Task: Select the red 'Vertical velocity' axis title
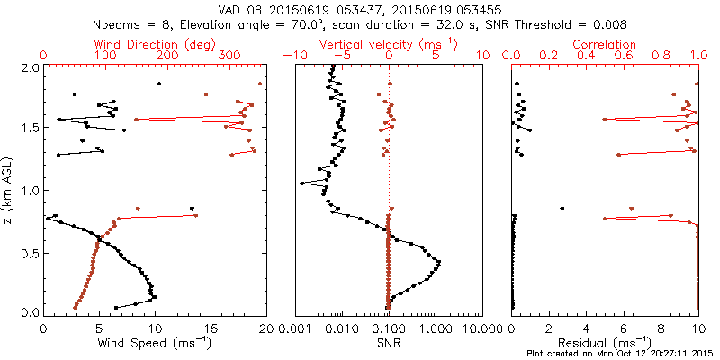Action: tap(389, 44)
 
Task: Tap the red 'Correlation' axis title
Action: tap(605, 44)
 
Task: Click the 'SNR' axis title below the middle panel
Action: tap(389, 343)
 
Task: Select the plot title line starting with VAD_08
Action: tap(360, 7)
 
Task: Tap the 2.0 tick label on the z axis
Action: tap(31, 67)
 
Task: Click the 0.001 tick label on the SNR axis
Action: tap(297, 329)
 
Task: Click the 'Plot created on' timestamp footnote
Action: tap(623, 354)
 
